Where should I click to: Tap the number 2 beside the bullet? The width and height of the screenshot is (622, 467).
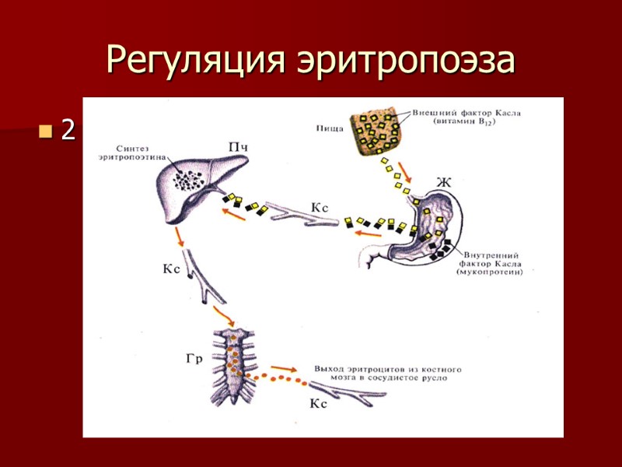68,131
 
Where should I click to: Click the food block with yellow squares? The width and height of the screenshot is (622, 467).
375,131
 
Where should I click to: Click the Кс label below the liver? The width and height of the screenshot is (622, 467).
172,269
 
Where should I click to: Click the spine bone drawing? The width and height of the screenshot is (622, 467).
235,367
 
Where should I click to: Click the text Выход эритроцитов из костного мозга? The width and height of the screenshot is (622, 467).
383,371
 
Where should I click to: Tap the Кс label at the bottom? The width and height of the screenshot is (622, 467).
320,403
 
